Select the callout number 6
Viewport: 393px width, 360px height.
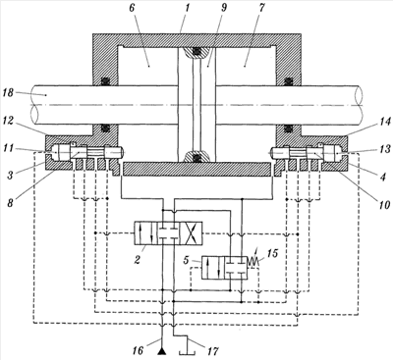coord(132,8)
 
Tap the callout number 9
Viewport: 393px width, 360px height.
coord(224,8)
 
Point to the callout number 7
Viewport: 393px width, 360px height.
coord(261,8)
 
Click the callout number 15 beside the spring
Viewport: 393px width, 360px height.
coord(271,253)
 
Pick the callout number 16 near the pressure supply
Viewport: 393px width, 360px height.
coord(139,350)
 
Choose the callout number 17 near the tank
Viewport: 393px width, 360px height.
coord(212,351)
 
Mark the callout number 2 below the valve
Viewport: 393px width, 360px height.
coord(138,260)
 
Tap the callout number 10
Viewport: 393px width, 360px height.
coord(384,204)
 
